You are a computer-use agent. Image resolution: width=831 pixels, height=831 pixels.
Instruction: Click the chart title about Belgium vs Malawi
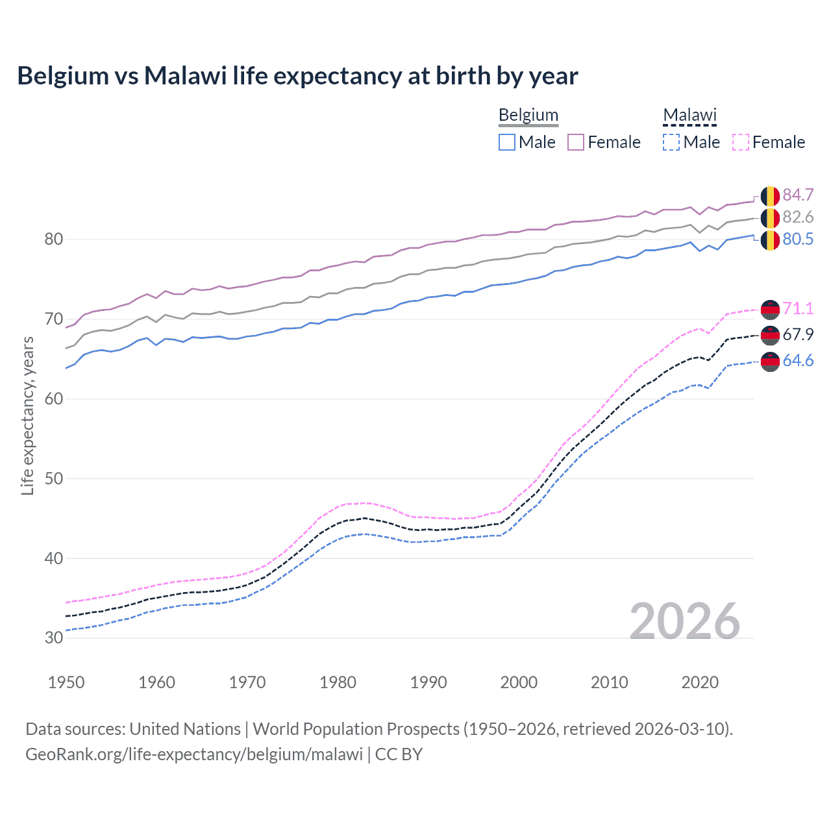(x=297, y=76)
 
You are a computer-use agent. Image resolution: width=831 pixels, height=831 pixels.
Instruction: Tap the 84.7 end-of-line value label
(x=797, y=195)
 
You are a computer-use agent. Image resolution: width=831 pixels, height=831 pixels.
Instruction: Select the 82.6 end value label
(x=797, y=217)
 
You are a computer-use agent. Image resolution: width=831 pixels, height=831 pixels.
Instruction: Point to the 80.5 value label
(x=797, y=239)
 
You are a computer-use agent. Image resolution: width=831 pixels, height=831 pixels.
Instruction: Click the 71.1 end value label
(x=797, y=308)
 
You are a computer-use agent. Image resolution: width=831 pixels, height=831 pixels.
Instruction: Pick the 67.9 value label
(x=797, y=334)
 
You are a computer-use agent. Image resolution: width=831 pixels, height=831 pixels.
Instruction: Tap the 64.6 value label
(x=797, y=360)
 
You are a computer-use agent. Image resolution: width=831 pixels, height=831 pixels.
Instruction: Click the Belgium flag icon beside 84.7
(x=770, y=195)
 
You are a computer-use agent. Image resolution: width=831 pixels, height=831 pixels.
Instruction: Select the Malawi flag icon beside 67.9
(x=770, y=335)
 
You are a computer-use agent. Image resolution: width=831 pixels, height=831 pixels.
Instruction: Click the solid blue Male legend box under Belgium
(x=507, y=142)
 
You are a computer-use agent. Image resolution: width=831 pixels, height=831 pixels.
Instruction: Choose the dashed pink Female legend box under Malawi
(x=741, y=142)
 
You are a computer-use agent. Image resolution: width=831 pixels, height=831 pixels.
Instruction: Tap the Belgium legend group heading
(x=528, y=115)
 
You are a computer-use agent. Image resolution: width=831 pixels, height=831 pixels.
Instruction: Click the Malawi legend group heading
(x=689, y=115)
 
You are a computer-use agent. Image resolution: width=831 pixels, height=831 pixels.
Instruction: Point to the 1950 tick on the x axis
(x=66, y=682)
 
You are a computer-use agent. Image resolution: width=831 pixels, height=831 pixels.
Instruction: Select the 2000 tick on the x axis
(x=519, y=682)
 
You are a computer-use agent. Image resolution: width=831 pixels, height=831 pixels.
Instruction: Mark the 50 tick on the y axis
(x=54, y=478)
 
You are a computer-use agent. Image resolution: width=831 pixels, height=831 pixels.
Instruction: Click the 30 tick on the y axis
(x=54, y=638)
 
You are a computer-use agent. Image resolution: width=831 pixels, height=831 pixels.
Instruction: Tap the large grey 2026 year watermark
(x=684, y=621)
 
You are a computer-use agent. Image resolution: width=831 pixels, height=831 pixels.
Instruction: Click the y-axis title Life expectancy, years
(x=27, y=416)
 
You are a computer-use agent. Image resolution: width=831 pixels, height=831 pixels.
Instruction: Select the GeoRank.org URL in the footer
(x=193, y=754)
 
